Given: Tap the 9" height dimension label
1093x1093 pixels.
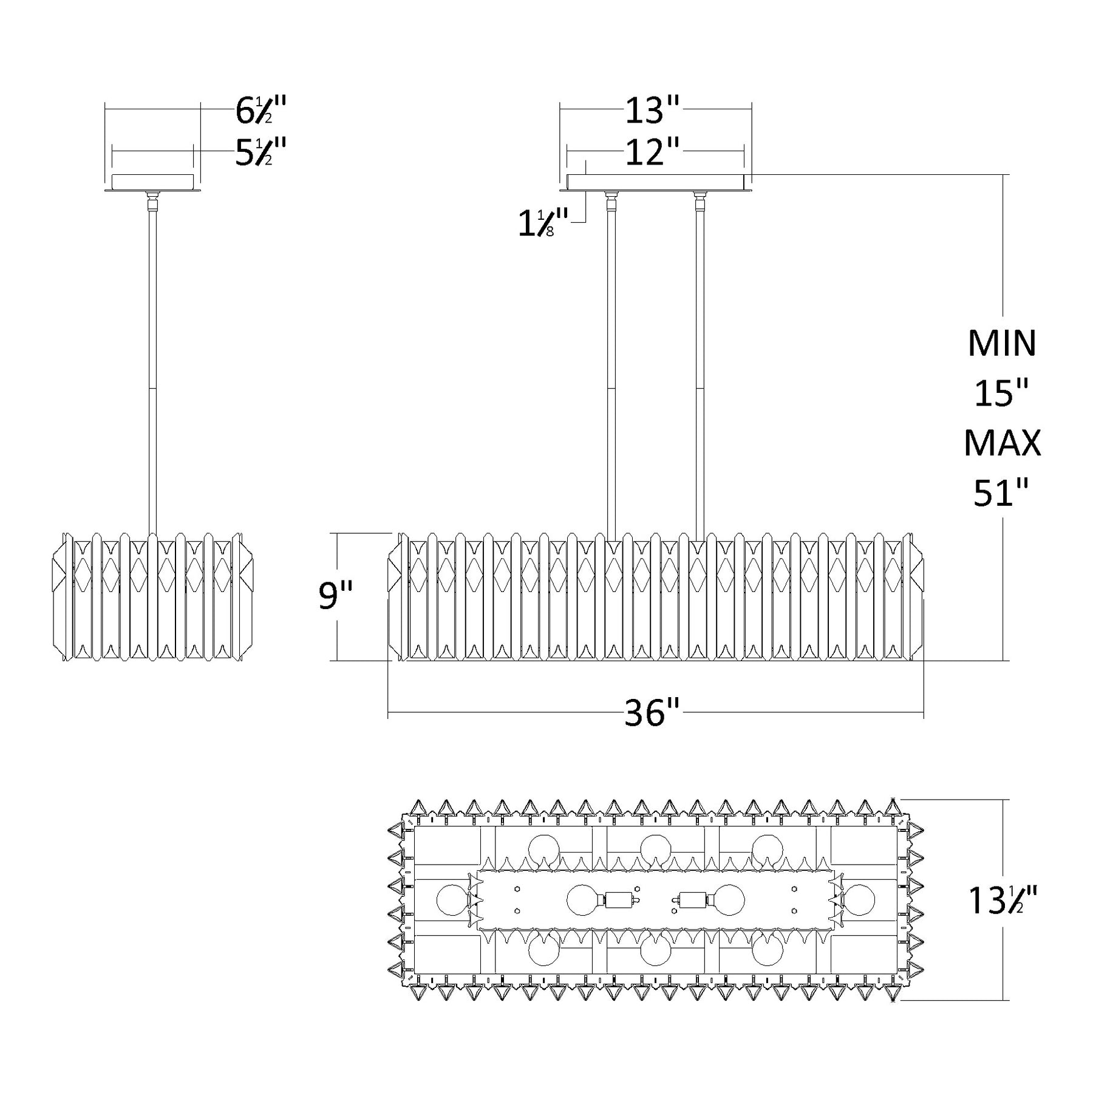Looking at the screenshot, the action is pos(335,596).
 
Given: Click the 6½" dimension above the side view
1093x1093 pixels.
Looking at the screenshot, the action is pos(260,110).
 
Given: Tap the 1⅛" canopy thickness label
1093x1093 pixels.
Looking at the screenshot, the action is pos(543,223).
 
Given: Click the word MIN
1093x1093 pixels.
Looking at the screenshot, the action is pos(1002,343).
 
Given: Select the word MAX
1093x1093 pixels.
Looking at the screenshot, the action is pos(1002,443).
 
